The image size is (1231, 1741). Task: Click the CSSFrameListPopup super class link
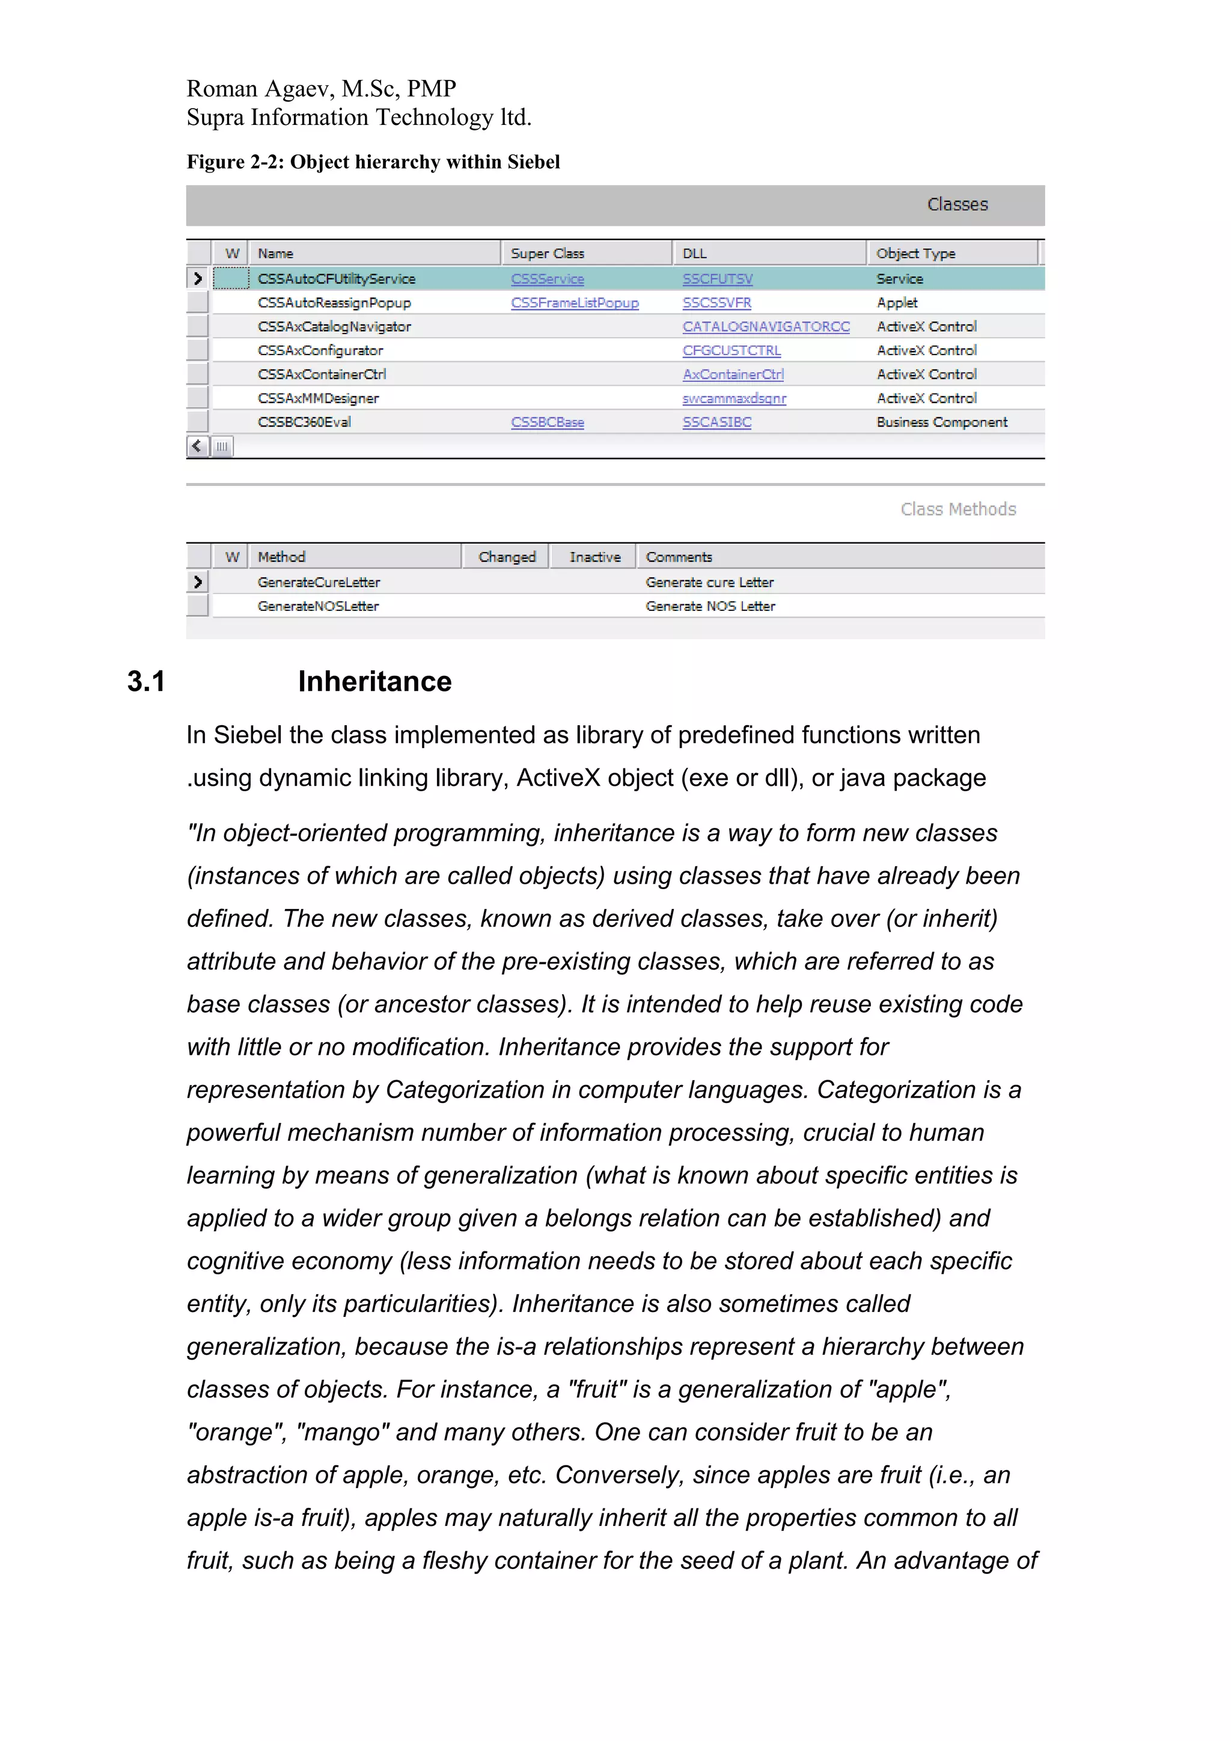tap(574, 303)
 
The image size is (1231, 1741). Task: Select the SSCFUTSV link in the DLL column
tap(716, 279)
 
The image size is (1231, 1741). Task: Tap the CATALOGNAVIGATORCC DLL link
tap(765, 326)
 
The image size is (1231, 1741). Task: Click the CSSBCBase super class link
tap(547, 422)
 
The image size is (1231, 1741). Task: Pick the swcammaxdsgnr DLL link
tap(733, 398)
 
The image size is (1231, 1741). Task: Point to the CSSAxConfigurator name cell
tap(320, 350)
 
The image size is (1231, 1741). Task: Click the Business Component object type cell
tap(941, 422)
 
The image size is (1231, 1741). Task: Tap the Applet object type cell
tap(897, 303)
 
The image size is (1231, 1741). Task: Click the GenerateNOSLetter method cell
tap(318, 606)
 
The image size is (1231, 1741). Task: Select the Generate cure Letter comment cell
tap(709, 582)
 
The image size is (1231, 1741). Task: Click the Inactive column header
tap(594, 558)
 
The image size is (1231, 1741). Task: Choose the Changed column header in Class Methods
tap(507, 558)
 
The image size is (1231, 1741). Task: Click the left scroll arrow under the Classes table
tap(197, 446)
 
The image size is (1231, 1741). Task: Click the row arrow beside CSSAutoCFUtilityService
tap(198, 279)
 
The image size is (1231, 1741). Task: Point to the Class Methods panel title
tap(957, 509)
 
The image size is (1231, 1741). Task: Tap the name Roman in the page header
tap(222, 89)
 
